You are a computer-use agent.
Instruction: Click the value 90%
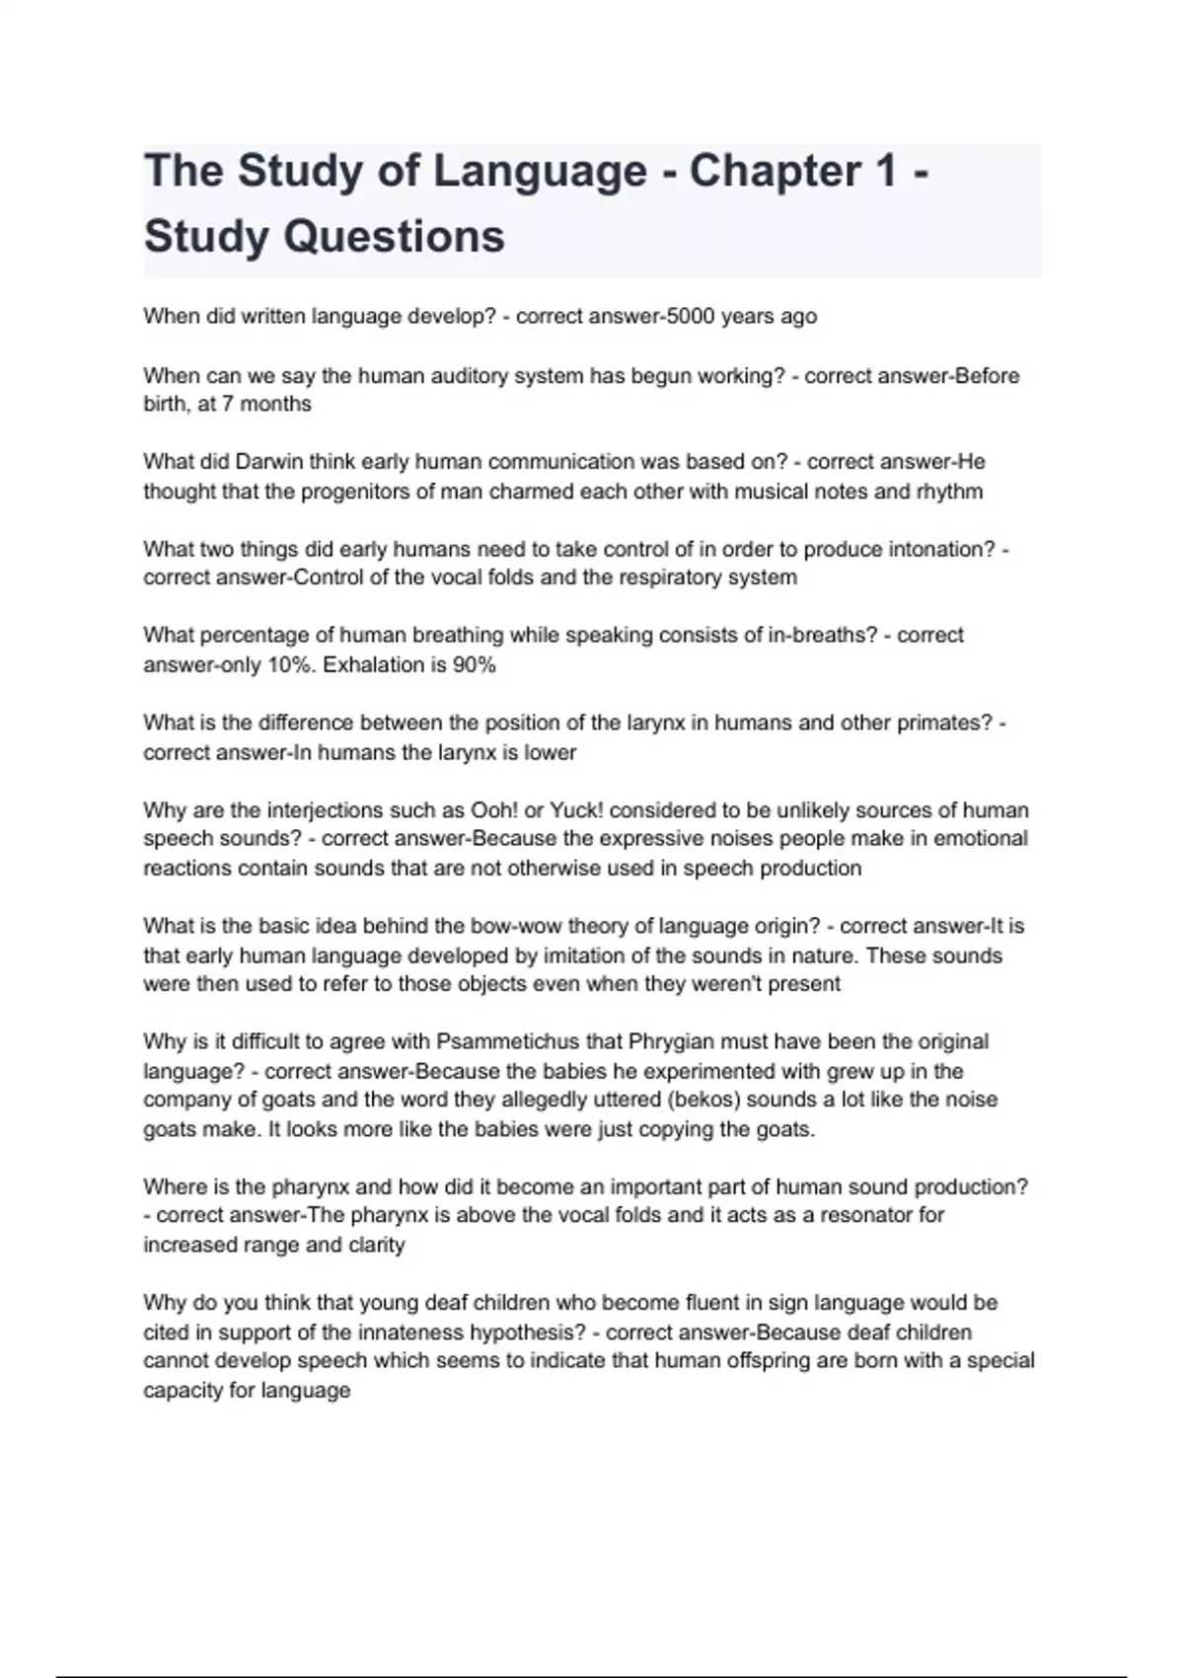(x=474, y=665)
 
